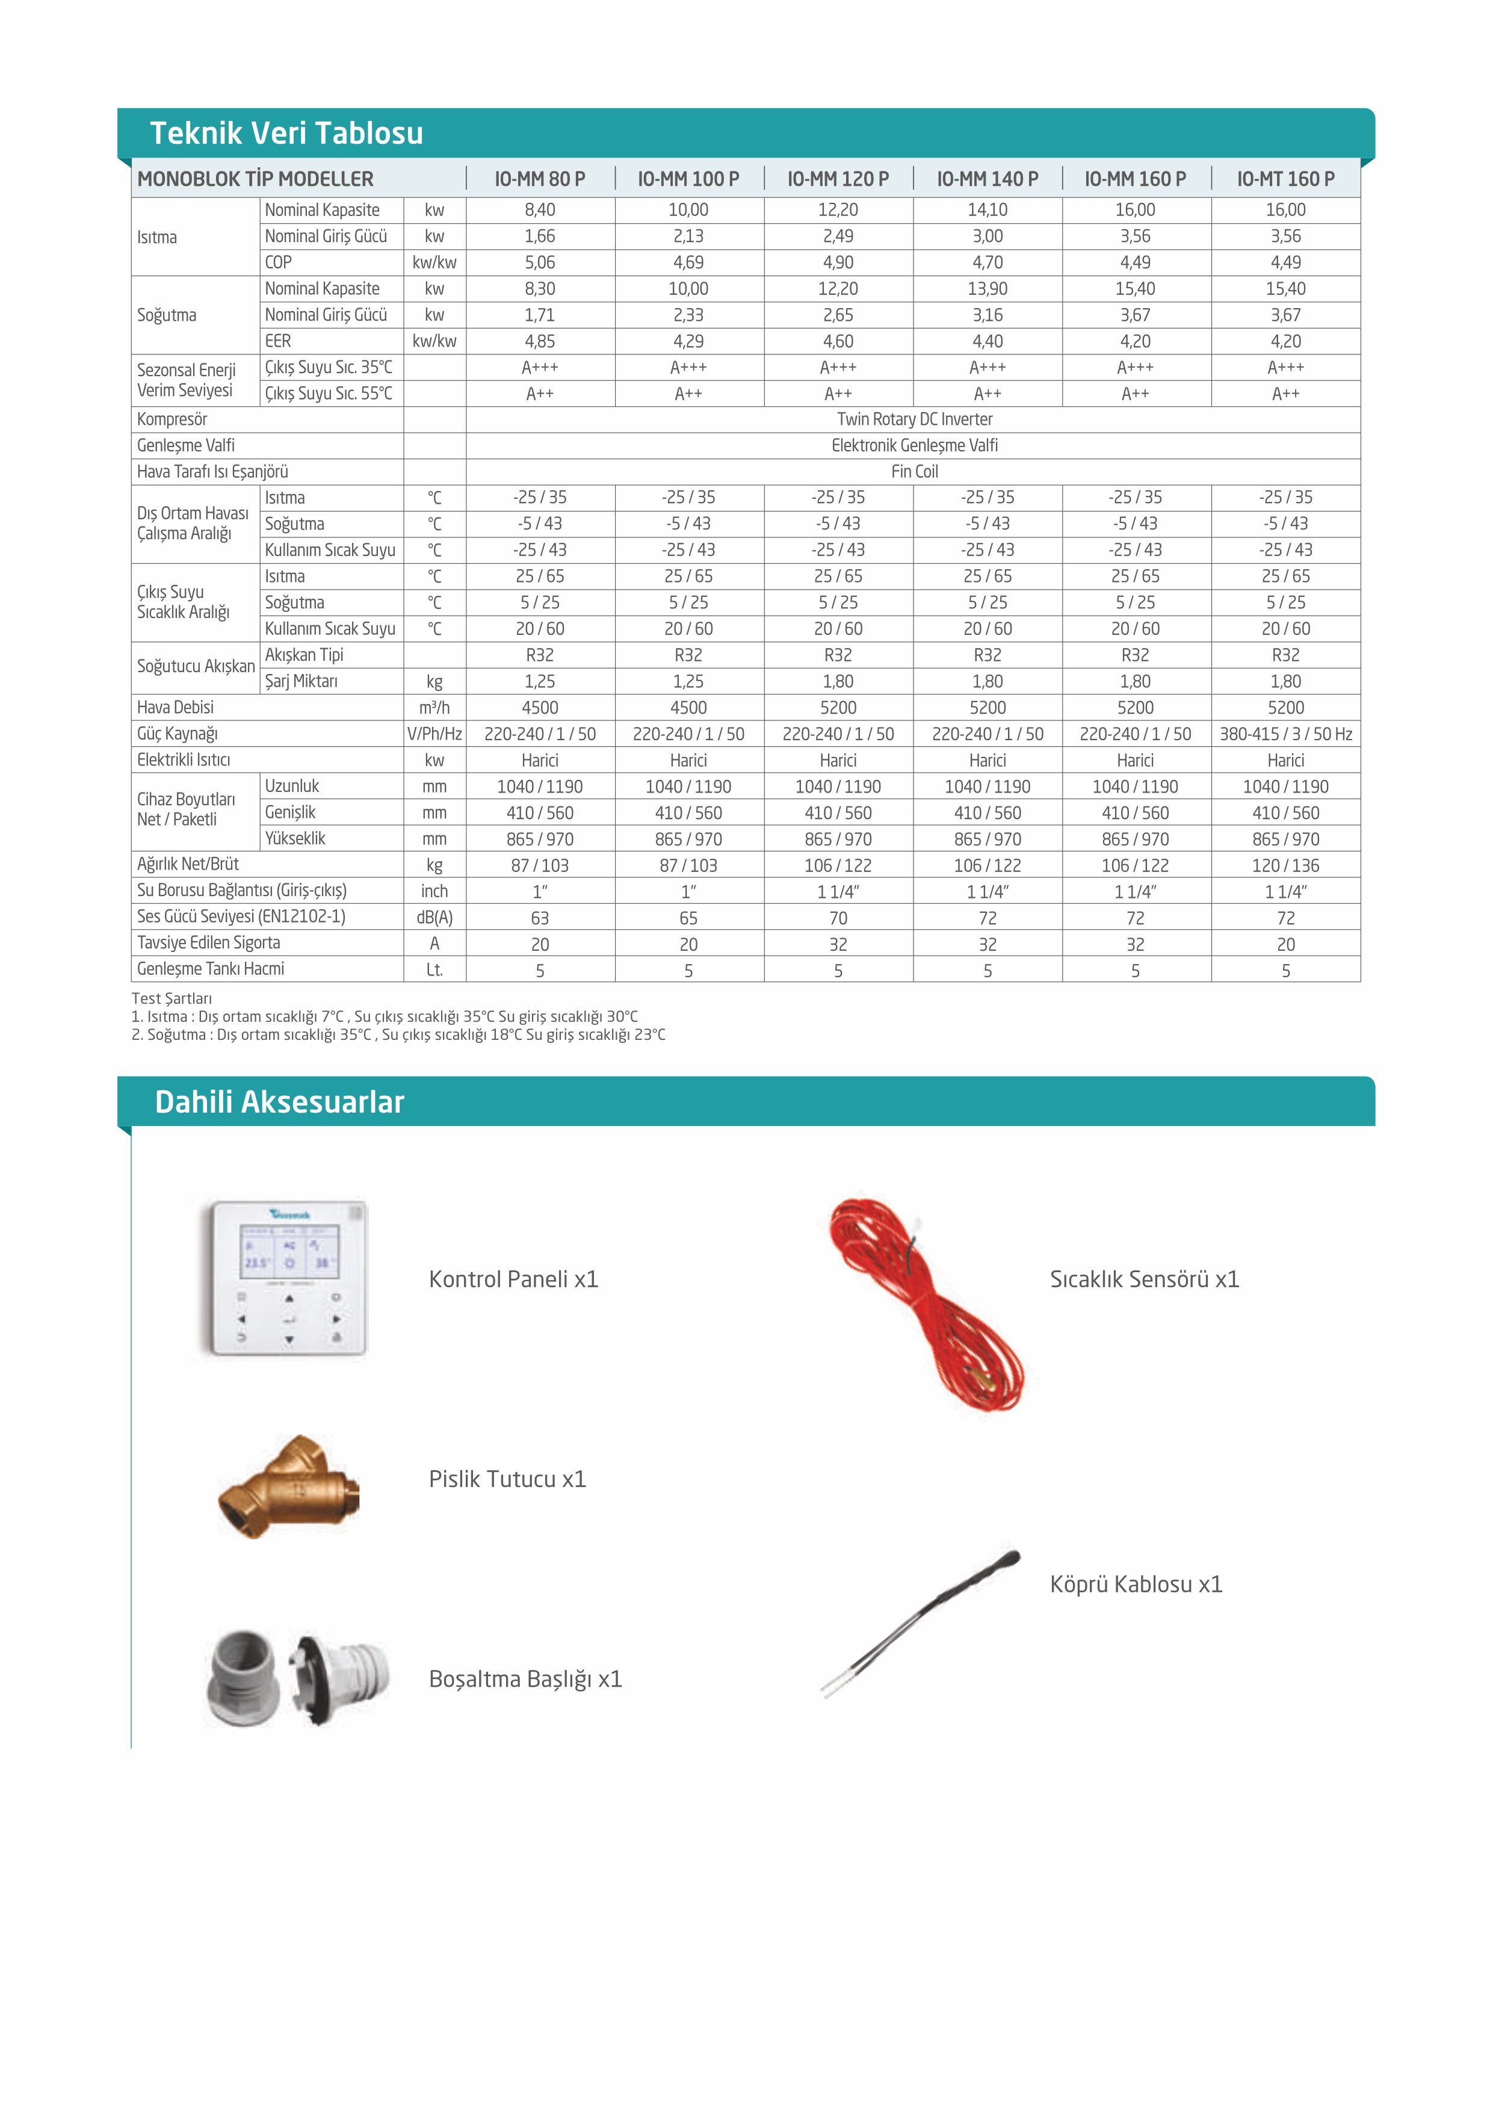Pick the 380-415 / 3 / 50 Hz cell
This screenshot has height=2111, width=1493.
[1285, 734]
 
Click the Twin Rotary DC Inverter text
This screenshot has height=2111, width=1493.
[914, 419]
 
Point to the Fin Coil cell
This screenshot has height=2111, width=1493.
[914, 472]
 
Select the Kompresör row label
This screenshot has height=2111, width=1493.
[173, 419]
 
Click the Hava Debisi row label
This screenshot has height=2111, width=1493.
[176, 707]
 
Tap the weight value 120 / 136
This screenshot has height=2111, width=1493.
[1285, 865]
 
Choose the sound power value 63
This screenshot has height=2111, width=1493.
[540, 918]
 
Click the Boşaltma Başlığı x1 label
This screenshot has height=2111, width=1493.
[525, 1679]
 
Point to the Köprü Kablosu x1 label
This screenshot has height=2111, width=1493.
[1136, 1584]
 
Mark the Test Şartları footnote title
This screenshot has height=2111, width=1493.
[172, 998]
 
